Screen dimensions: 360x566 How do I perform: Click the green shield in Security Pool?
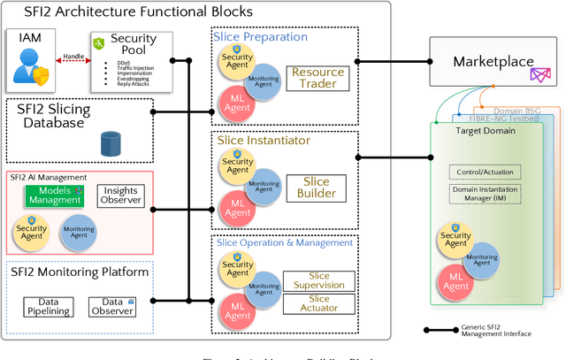tap(99, 43)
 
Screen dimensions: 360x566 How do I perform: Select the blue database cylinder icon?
tap(111, 142)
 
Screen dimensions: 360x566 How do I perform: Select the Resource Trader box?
tap(318, 78)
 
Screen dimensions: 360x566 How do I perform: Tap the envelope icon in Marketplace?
tap(539, 77)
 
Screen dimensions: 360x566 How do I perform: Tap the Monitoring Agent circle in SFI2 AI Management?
tap(79, 230)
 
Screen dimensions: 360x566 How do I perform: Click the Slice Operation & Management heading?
tap(284, 242)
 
